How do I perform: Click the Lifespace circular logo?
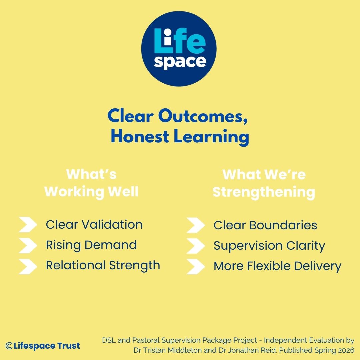point(179,49)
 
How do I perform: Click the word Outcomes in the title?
point(203,116)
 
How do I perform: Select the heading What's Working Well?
point(91,183)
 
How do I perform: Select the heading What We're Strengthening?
point(264,183)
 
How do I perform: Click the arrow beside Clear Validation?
point(28,225)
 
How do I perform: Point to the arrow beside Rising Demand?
point(28,245)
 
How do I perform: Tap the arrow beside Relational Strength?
point(28,267)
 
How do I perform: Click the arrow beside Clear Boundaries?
point(196,225)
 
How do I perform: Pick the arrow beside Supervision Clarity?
point(196,246)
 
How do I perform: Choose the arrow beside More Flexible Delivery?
point(196,267)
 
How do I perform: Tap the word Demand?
point(111,245)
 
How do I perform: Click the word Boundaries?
point(283,225)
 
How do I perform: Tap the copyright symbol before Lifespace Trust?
point(9,346)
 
